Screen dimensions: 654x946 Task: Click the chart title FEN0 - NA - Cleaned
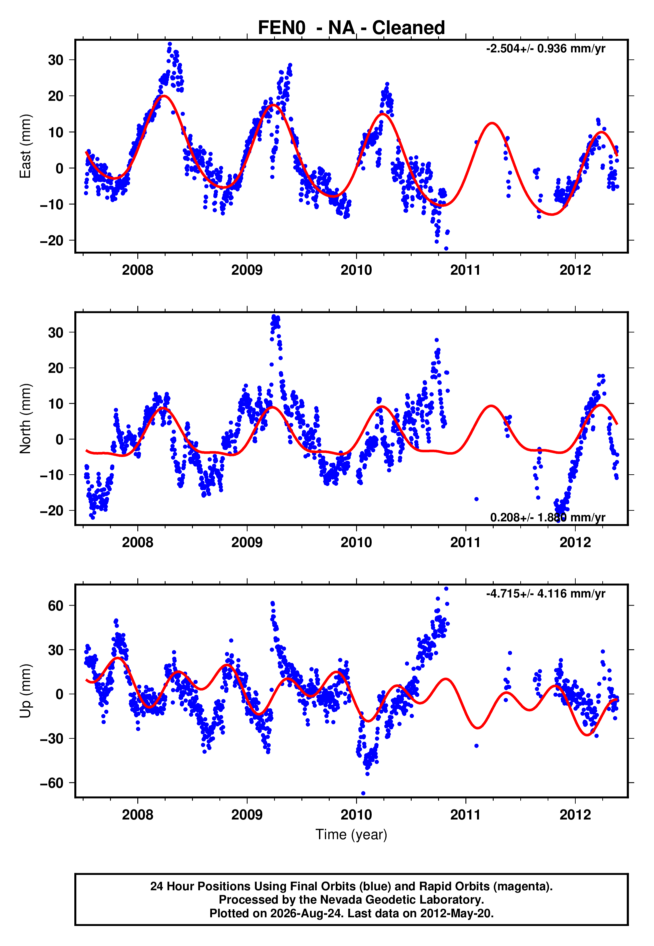pos(351,28)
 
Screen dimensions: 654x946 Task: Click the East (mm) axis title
pos(25,146)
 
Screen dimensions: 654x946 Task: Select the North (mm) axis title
pos(25,419)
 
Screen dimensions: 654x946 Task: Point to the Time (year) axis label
pos(351,835)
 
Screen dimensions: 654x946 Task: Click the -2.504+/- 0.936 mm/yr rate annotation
pos(545,48)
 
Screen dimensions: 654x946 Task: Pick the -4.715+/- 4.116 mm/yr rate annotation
pos(545,593)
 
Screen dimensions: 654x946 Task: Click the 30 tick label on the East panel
pos(56,60)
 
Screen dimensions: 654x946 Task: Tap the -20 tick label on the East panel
pos(52,240)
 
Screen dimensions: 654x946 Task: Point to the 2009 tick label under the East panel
pos(247,270)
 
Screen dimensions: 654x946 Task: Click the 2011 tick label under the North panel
pos(466,542)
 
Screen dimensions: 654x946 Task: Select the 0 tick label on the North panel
pos(60,439)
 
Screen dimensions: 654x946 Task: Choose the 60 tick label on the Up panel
pos(56,606)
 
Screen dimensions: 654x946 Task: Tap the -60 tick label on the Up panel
pos(52,783)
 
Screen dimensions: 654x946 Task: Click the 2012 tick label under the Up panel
pos(575,815)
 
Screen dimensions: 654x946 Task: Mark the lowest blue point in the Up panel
pos(363,793)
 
